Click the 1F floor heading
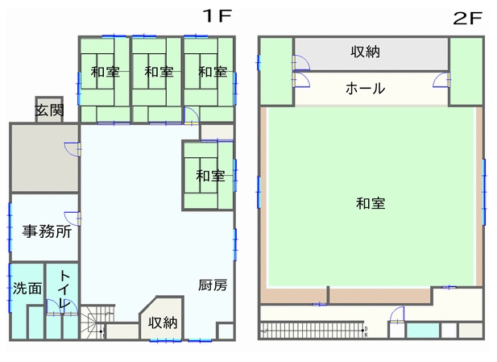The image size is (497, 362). tap(217, 16)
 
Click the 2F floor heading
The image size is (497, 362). tap(467, 18)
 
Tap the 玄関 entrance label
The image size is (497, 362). tap(49, 110)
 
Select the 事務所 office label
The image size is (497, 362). tap(47, 231)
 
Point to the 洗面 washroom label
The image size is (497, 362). tap(27, 289)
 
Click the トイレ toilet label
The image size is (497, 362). tap(64, 289)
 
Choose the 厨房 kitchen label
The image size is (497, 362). tap(213, 285)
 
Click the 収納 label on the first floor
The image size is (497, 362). tap(163, 322)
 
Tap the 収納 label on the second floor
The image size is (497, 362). tap(365, 52)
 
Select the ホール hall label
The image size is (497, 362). tap(365, 88)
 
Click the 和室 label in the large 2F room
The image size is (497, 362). tap(371, 203)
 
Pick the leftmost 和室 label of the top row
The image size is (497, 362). tap(105, 72)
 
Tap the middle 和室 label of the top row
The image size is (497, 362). tap(159, 72)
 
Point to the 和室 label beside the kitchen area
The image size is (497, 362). tap(210, 176)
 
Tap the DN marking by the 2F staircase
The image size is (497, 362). tap(366, 332)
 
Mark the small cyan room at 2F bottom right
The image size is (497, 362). tap(423, 331)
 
